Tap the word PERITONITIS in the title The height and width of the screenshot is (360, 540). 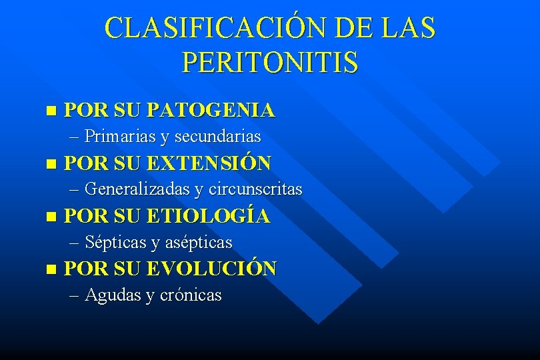[x=269, y=63]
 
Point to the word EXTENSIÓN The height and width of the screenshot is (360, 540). [x=209, y=163]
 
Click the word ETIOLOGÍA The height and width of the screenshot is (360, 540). [x=207, y=216]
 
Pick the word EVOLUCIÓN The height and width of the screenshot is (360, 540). [x=211, y=269]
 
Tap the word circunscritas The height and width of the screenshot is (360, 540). [x=255, y=189]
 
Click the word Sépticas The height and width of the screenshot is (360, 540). [x=116, y=242]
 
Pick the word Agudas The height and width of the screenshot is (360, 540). [x=114, y=295]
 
